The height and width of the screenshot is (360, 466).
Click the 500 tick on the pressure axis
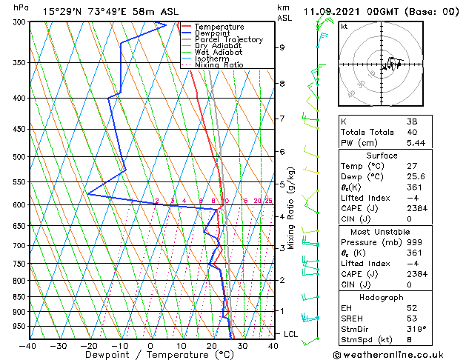tap(20, 157)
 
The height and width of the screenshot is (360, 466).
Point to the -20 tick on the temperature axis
tap(89, 345)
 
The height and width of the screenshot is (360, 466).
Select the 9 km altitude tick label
tap(282, 47)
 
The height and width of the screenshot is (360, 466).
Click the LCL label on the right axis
tap(290, 335)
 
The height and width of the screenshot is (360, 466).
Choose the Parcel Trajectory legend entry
tap(228, 40)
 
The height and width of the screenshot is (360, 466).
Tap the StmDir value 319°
tap(416, 328)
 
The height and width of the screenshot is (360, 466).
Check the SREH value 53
tap(413, 318)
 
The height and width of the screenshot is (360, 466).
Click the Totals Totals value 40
tap(413, 131)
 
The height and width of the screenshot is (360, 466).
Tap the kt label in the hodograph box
tap(344, 26)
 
